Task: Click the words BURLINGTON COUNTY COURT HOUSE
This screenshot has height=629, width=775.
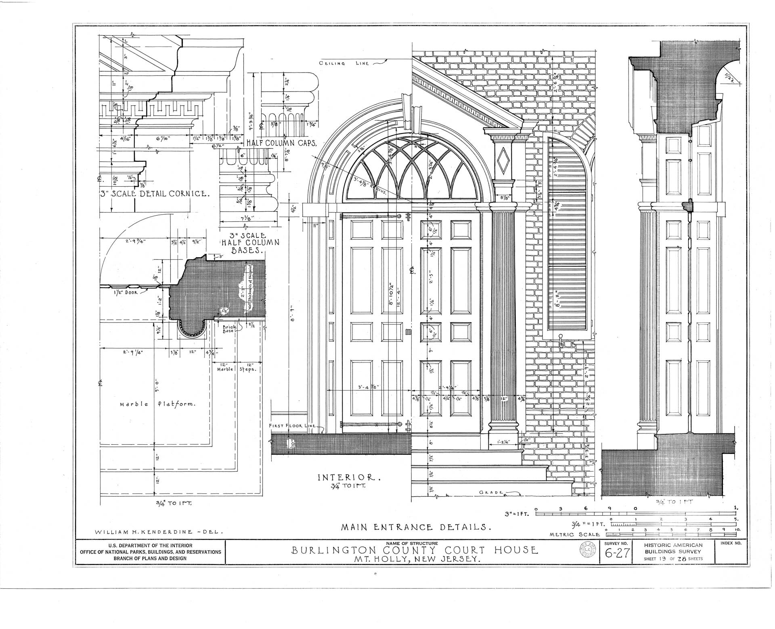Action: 415,550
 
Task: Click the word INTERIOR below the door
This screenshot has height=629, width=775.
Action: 349,478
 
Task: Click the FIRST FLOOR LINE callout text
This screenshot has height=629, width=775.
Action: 293,426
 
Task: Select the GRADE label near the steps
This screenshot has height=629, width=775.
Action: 491,493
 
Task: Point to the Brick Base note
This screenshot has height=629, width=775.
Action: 229,329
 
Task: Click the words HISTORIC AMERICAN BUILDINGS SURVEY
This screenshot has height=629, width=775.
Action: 673,549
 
